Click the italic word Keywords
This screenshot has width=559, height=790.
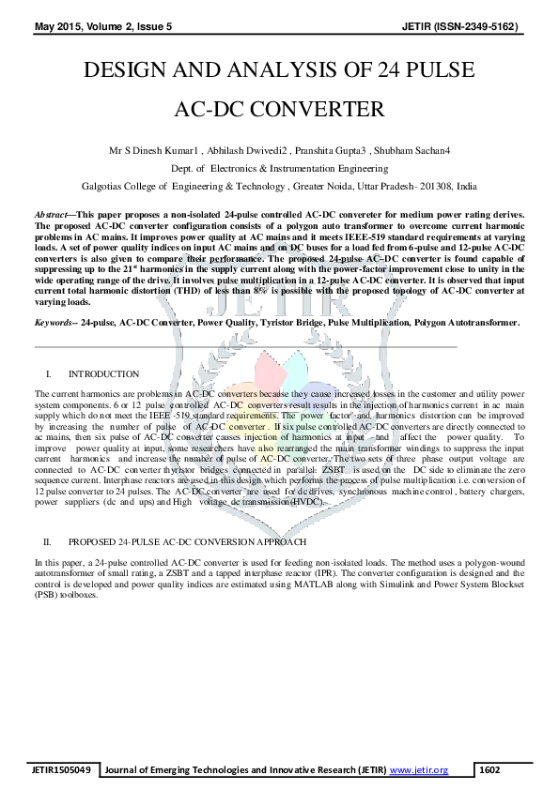click(54, 322)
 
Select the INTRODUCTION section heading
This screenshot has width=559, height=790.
click(103, 373)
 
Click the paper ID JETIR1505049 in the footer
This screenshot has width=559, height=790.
click(61, 770)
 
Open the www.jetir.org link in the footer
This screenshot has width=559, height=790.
click(418, 770)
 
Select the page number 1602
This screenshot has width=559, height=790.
click(489, 770)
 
